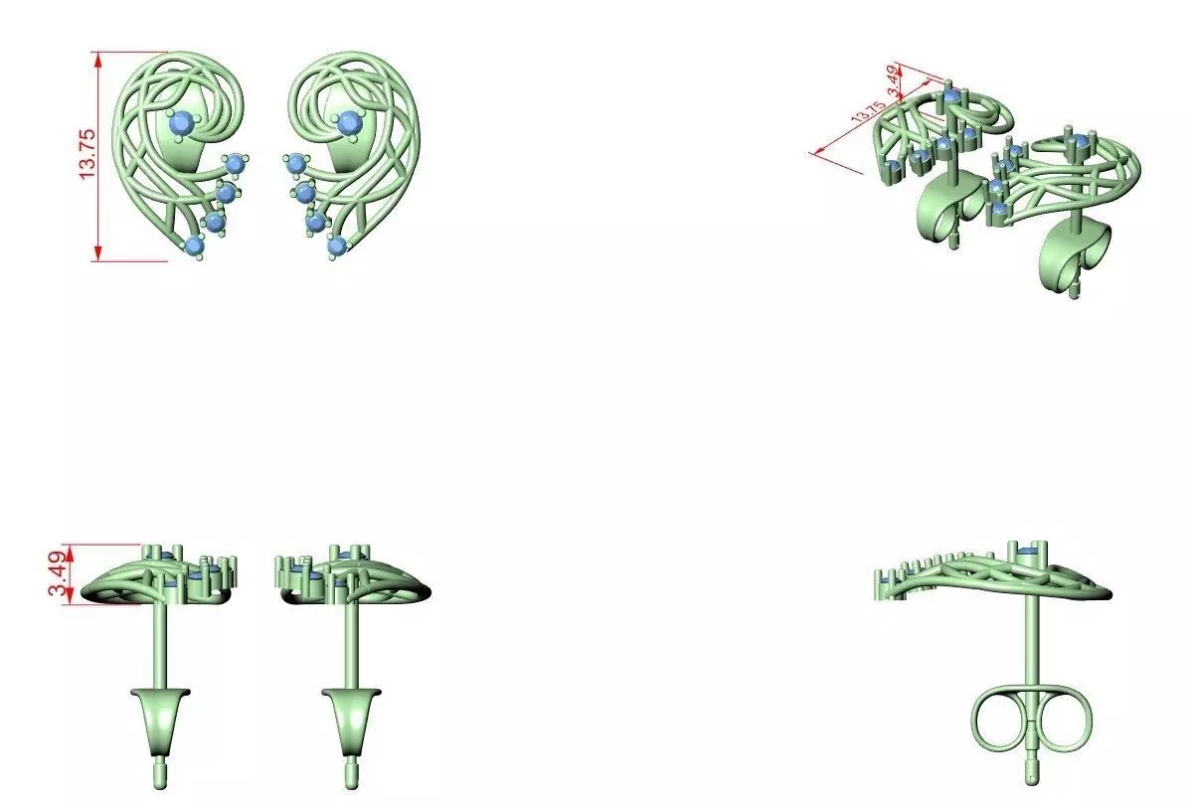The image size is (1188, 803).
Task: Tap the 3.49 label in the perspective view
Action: point(896,80)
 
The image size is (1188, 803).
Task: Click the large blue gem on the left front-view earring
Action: point(181,122)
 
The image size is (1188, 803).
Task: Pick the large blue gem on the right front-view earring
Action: point(348,122)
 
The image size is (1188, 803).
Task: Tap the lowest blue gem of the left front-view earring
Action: point(194,244)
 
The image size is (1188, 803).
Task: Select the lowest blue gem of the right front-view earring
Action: point(337,244)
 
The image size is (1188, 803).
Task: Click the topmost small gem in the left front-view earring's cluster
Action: point(235,163)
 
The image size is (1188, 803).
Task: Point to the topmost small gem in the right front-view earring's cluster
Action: point(295,163)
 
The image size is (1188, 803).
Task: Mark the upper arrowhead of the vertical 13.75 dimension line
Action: point(98,59)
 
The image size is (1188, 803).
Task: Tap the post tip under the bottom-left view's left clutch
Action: point(159,771)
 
